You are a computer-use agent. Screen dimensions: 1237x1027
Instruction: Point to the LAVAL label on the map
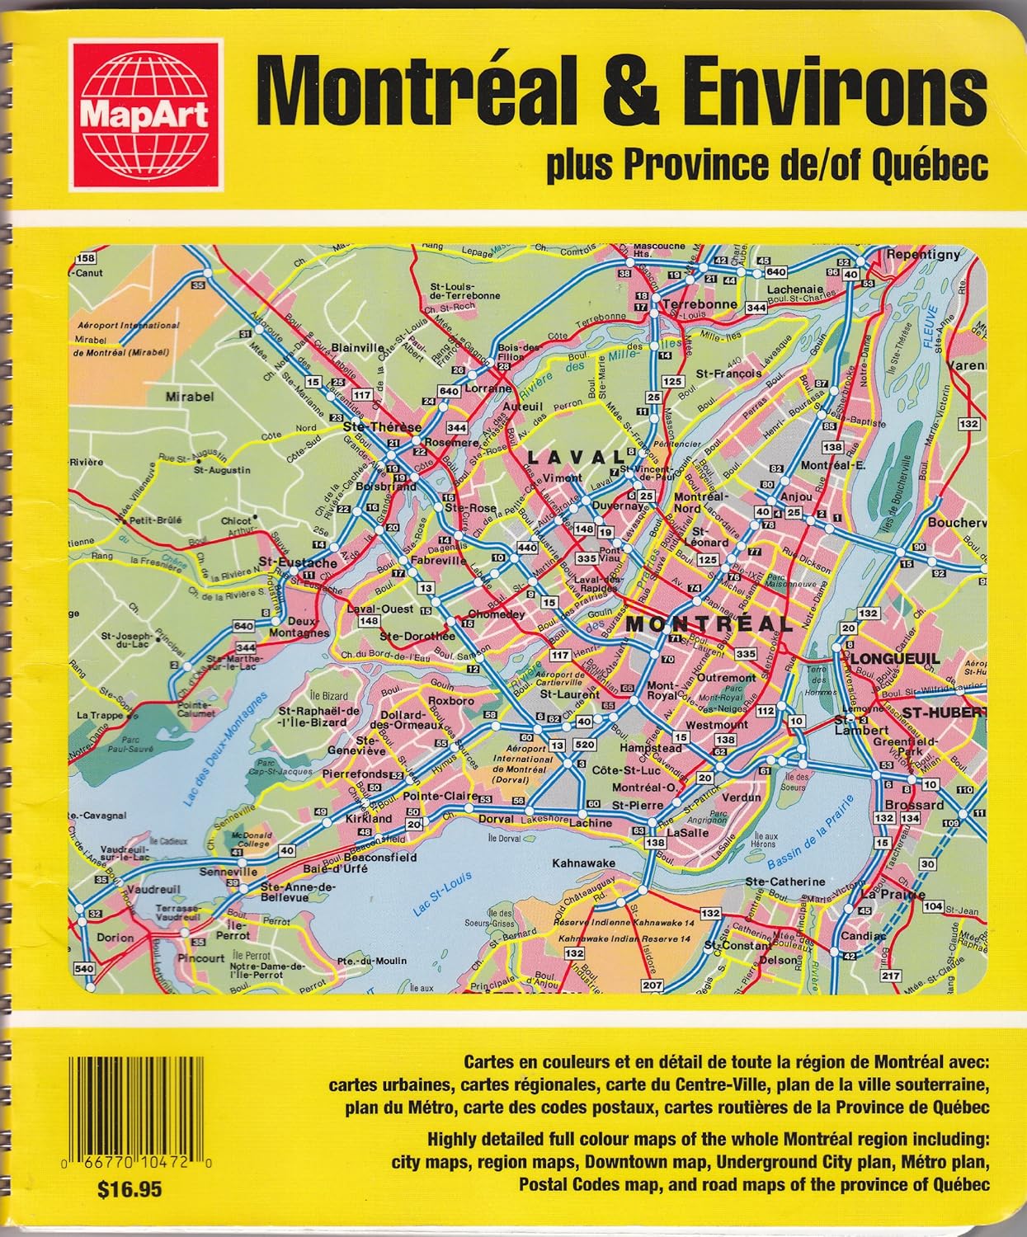(x=576, y=458)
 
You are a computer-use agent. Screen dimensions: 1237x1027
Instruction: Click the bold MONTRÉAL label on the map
(x=709, y=624)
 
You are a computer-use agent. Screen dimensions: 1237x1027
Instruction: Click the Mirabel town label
(x=190, y=397)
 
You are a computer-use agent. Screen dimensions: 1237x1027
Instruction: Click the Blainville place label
(x=358, y=348)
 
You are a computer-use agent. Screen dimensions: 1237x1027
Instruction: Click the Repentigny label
(x=922, y=255)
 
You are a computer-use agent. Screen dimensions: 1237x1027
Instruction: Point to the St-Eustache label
(x=297, y=562)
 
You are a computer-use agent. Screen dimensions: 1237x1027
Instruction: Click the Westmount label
(x=717, y=725)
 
